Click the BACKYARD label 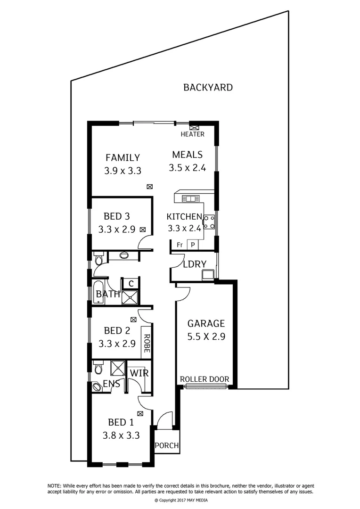click(x=208, y=87)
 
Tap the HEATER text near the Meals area click(x=193, y=134)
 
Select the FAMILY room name click(x=123, y=157)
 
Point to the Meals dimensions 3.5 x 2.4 click(x=187, y=168)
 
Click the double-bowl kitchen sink click(x=190, y=199)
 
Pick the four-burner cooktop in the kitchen click(x=209, y=222)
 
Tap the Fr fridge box click(x=180, y=245)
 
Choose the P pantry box click(x=193, y=245)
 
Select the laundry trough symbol click(x=208, y=275)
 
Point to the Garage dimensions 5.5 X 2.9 click(x=206, y=337)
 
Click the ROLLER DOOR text click(x=205, y=379)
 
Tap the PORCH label click(x=166, y=445)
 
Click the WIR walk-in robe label click(x=139, y=373)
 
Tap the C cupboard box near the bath click(x=131, y=283)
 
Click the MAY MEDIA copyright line click(x=181, y=500)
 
